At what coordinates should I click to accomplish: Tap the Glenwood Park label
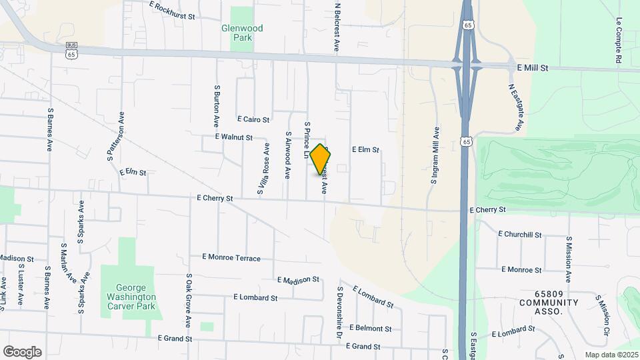[242, 33]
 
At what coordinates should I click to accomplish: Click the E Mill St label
[532, 68]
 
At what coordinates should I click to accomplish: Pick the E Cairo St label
[253, 120]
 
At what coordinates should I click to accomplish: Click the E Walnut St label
[233, 137]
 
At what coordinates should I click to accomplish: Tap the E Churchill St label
[520, 235]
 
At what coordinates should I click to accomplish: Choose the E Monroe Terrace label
[231, 257]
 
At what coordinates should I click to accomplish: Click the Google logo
[22, 351]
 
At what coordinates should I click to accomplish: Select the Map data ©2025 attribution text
[611, 355]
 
